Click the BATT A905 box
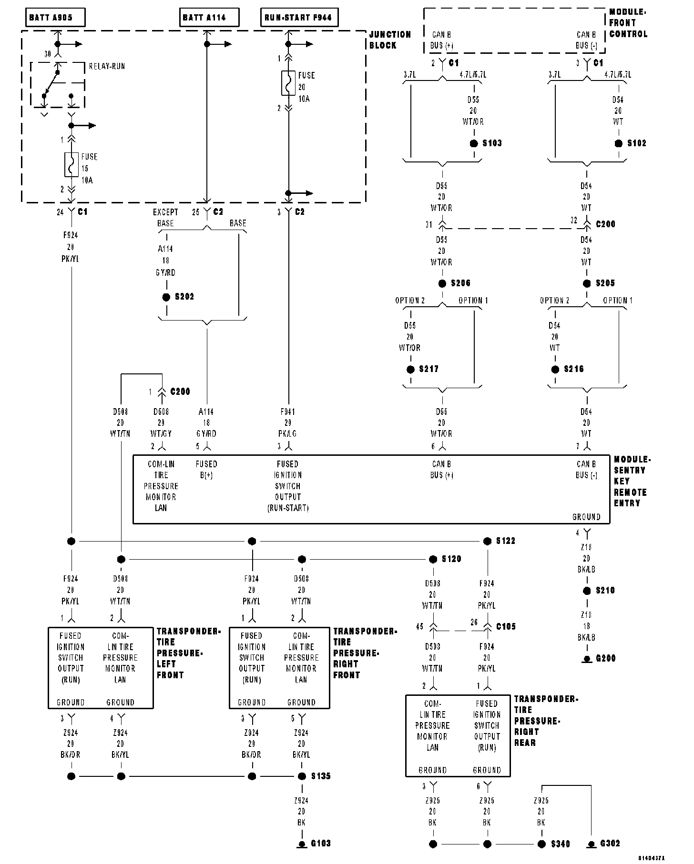(x=55, y=18)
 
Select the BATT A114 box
(x=209, y=18)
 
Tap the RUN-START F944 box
(x=298, y=18)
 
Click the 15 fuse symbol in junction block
(x=71, y=164)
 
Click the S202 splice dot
(x=166, y=297)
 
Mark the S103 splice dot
(x=474, y=143)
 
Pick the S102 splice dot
(x=619, y=143)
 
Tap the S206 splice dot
(x=442, y=283)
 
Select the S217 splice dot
(x=410, y=369)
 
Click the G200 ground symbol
(x=587, y=660)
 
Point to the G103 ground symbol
(x=302, y=844)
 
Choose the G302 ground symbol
(x=591, y=844)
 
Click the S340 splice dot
(x=541, y=844)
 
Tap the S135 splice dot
(x=302, y=776)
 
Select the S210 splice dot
(x=587, y=591)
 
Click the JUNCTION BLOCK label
(x=389, y=40)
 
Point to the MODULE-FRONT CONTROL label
(x=628, y=23)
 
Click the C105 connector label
(x=506, y=627)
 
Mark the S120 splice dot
(x=433, y=559)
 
